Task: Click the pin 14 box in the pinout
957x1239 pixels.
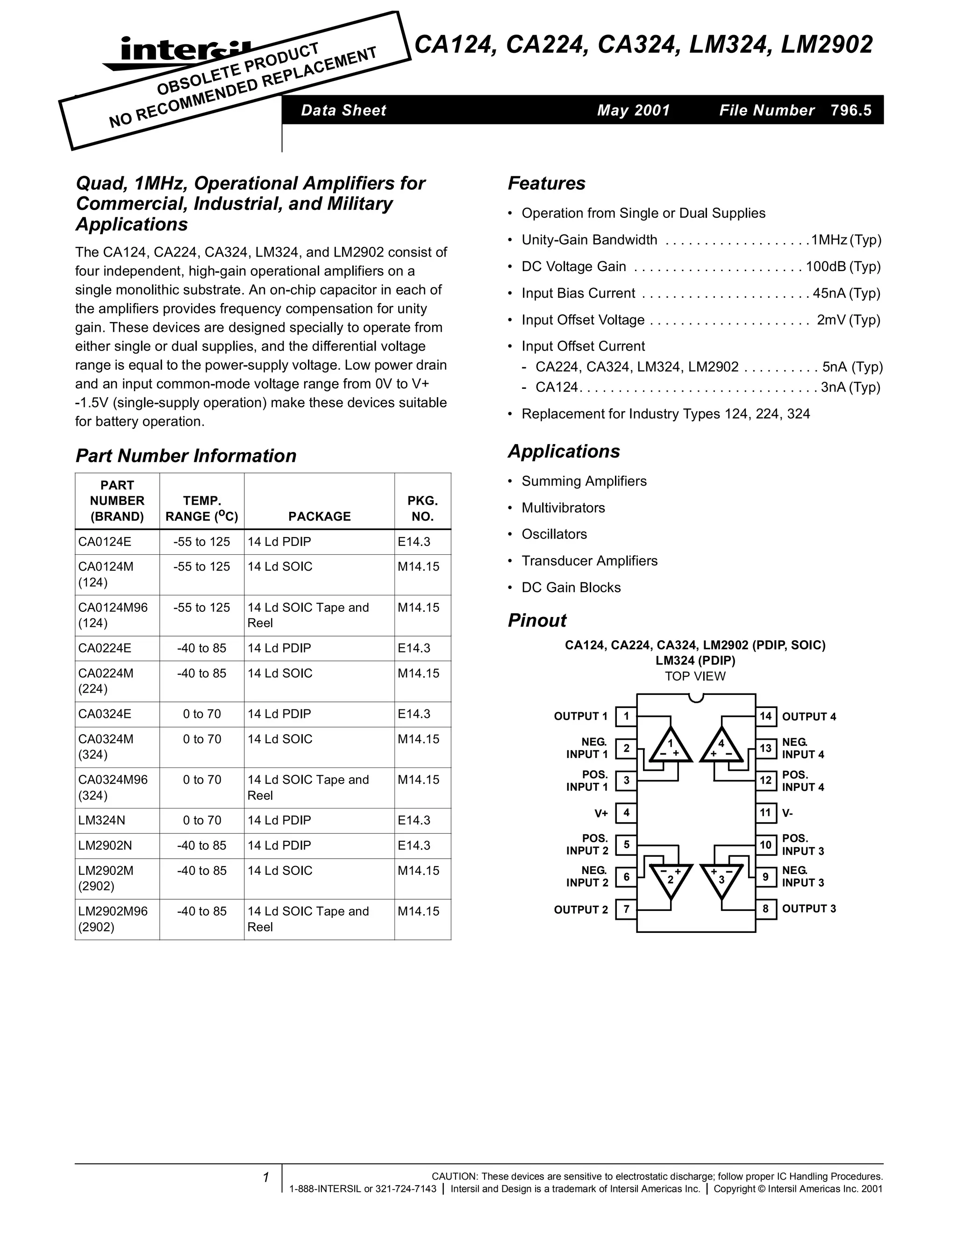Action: click(x=765, y=716)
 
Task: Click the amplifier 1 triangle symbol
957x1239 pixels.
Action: click(x=671, y=745)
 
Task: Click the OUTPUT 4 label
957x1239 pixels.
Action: click(x=809, y=716)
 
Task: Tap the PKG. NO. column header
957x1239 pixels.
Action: click(x=422, y=508)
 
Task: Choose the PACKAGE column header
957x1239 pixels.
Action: click(x=319, y=516)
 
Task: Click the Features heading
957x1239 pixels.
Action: click(x=546, y=183)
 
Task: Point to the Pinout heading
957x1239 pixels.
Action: click(x=536, y=620)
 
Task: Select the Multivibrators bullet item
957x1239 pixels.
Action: click(x=563, y=508)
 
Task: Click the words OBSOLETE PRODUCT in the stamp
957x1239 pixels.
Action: click(x=238, y=69)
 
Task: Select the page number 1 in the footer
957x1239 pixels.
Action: click(x=265, y=1178)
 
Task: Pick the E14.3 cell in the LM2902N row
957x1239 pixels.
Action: click(x=414, y=845)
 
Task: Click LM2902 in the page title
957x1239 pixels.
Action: click(x=827, y=45)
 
